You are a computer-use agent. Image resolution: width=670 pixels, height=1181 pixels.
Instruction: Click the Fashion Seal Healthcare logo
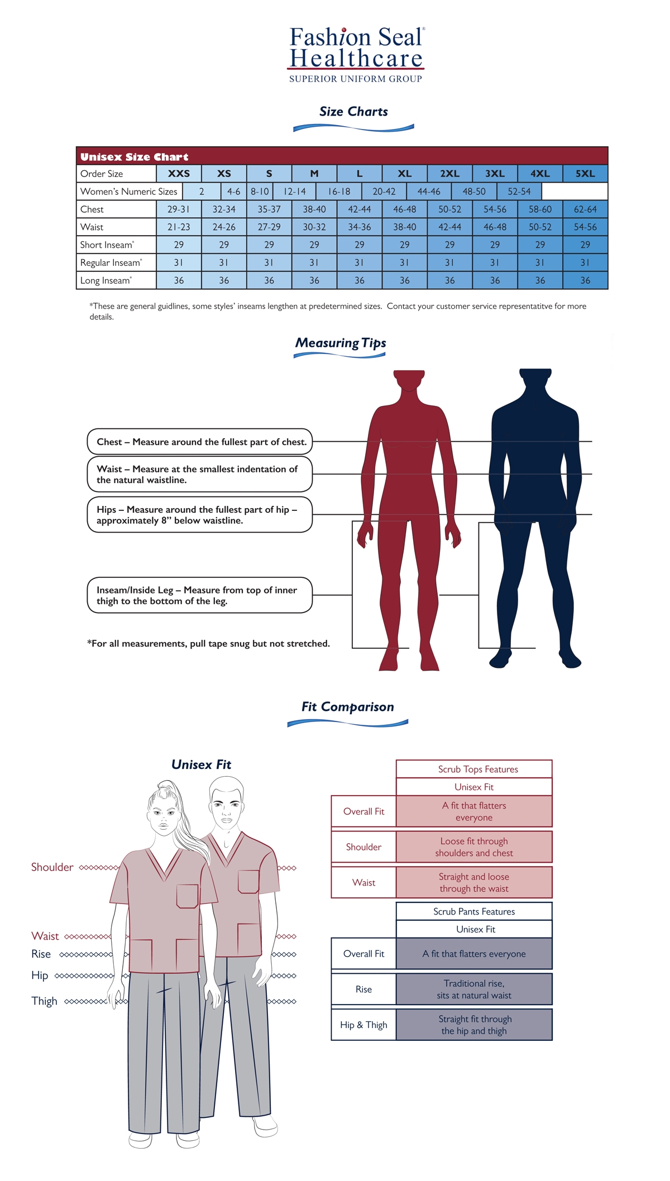point(356,55)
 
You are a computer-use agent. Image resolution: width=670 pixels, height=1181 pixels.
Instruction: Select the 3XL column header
point(495,174)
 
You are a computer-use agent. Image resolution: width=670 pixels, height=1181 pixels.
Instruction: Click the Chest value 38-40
point(314,209)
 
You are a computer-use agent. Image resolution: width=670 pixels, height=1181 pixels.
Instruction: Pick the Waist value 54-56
point(585,227)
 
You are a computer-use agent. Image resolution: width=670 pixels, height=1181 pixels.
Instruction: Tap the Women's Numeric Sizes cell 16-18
point(339,192)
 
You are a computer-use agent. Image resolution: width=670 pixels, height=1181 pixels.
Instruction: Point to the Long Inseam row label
point(106,280)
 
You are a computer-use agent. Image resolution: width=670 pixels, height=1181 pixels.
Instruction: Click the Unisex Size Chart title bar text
point(134,157)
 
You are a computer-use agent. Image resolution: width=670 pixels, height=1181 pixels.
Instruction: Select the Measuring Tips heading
point(341,343)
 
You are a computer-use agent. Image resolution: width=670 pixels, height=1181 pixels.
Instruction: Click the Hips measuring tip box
point(199,515)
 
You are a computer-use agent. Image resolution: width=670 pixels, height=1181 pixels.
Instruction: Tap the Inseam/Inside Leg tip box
point(199,595)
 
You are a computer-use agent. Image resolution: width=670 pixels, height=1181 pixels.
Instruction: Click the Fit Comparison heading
point(347,707)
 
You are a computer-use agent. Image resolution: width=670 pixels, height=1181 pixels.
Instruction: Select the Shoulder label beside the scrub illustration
point(52,867)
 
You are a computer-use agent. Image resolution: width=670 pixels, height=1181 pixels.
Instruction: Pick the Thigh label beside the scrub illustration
point(44,1001)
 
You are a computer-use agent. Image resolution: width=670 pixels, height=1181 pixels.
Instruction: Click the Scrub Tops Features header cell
point(474,769)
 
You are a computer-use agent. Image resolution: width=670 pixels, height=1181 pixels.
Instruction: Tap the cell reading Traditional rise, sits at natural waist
point(474,989)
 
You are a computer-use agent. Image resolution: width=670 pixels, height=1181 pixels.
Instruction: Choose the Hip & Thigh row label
point(363,1025)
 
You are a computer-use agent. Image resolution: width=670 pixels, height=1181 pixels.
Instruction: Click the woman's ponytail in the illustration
point(193,832)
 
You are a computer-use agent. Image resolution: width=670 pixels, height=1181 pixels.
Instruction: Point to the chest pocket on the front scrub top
point(188,896)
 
